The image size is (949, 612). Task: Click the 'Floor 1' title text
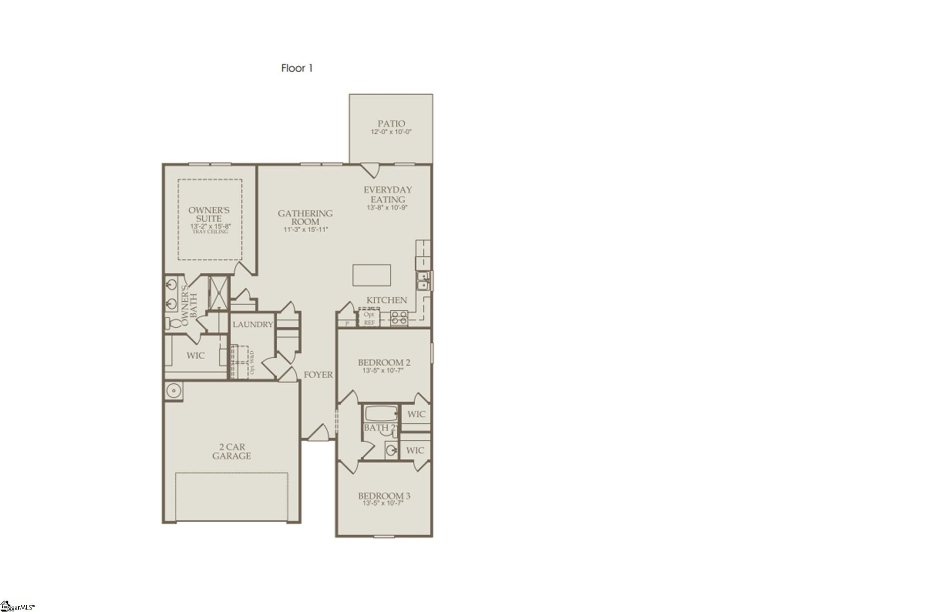297,68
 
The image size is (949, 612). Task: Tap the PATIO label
391,123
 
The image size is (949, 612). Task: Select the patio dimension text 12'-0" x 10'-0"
391,132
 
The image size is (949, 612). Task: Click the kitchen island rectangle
372,275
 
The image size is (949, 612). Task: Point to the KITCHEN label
387,300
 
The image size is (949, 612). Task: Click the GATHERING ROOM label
305,217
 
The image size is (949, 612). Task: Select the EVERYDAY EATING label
388,194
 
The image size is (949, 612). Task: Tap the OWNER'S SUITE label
209,214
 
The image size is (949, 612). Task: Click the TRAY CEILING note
210,232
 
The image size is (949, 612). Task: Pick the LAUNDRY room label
253,325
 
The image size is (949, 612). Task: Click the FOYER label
318,375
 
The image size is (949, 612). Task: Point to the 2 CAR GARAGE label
231,451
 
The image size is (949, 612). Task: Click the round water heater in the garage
173,391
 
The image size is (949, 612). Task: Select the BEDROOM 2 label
384,363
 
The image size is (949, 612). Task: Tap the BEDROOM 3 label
384,496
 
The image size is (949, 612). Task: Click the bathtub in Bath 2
381,413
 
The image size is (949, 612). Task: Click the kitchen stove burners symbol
399,318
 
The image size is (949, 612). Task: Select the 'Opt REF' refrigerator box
369,318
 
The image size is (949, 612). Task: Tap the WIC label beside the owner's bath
195,356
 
